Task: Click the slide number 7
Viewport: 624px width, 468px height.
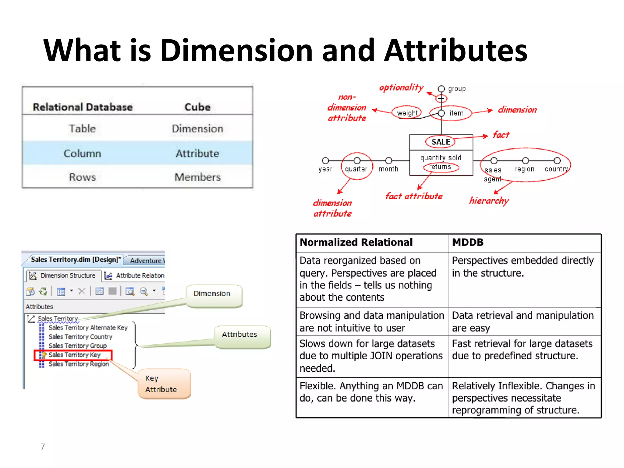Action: tap(43, 447)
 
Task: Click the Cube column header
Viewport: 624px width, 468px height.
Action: tap(197, 107)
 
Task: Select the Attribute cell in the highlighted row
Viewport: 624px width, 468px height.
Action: tap(197, 154)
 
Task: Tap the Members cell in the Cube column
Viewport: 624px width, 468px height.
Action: tap(197, 177)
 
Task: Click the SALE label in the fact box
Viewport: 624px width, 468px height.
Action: tap(441, 142)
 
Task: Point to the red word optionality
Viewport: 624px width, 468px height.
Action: tap(401, 88)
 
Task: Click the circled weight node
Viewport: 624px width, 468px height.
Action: tap(407, 113)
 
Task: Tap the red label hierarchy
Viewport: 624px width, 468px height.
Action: tap(489, 201)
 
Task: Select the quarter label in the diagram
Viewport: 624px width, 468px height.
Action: tap(356, 169)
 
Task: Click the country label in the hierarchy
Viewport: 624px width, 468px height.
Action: tap(556, 169)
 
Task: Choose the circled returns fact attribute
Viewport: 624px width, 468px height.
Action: tap(440, 167)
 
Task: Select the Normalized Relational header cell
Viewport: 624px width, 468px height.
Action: tap(356, 243)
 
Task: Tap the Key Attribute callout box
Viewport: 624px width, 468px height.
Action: tap(164, 384)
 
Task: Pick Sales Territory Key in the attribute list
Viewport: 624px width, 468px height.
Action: tap(74, 355)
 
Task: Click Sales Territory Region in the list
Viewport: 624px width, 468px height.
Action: tap(79, 364)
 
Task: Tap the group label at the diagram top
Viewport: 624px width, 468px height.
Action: tap(457, 89)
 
